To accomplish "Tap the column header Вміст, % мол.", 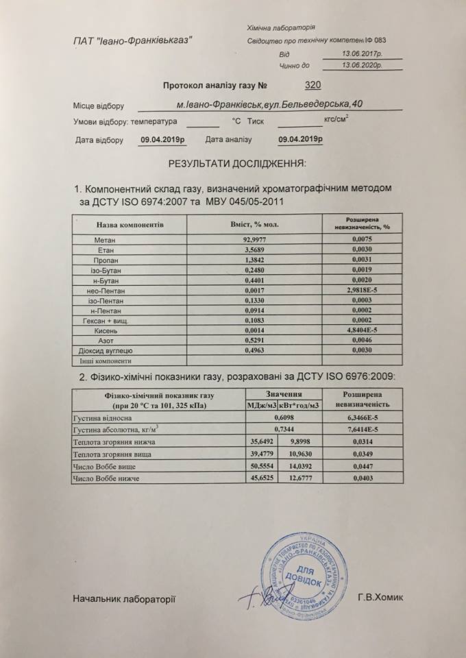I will pyautogui.click(x=255, y=224).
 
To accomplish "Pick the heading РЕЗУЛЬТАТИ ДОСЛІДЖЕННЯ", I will pyautogui.click(x=236, y=164).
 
